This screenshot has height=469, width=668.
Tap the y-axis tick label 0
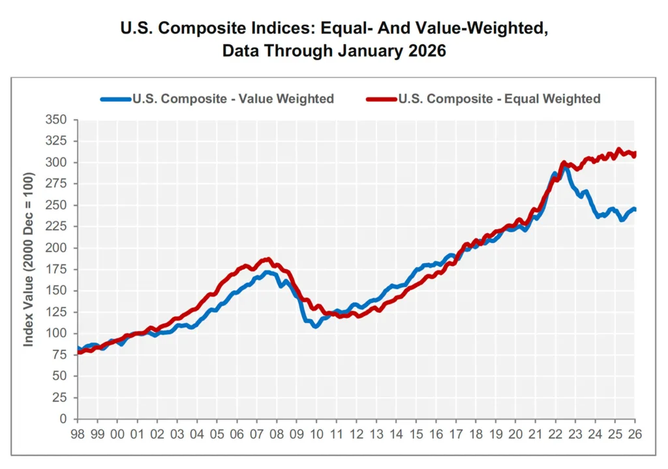tap(64, 419)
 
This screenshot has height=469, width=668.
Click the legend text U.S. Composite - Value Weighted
tap(233, 99)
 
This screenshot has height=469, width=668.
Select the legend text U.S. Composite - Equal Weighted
tap(499, 99)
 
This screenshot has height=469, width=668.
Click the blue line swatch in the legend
tap(115, 99)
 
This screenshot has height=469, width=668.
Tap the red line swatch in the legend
tap(382, 99)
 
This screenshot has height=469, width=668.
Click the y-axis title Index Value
tap(29, 269)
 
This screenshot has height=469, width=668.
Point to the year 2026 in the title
tap(425, 51)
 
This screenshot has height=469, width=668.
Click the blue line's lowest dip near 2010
tap(315, 326)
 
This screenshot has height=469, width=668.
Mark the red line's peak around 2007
tap(267, 259)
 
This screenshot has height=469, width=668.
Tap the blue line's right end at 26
tap(634, 209)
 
